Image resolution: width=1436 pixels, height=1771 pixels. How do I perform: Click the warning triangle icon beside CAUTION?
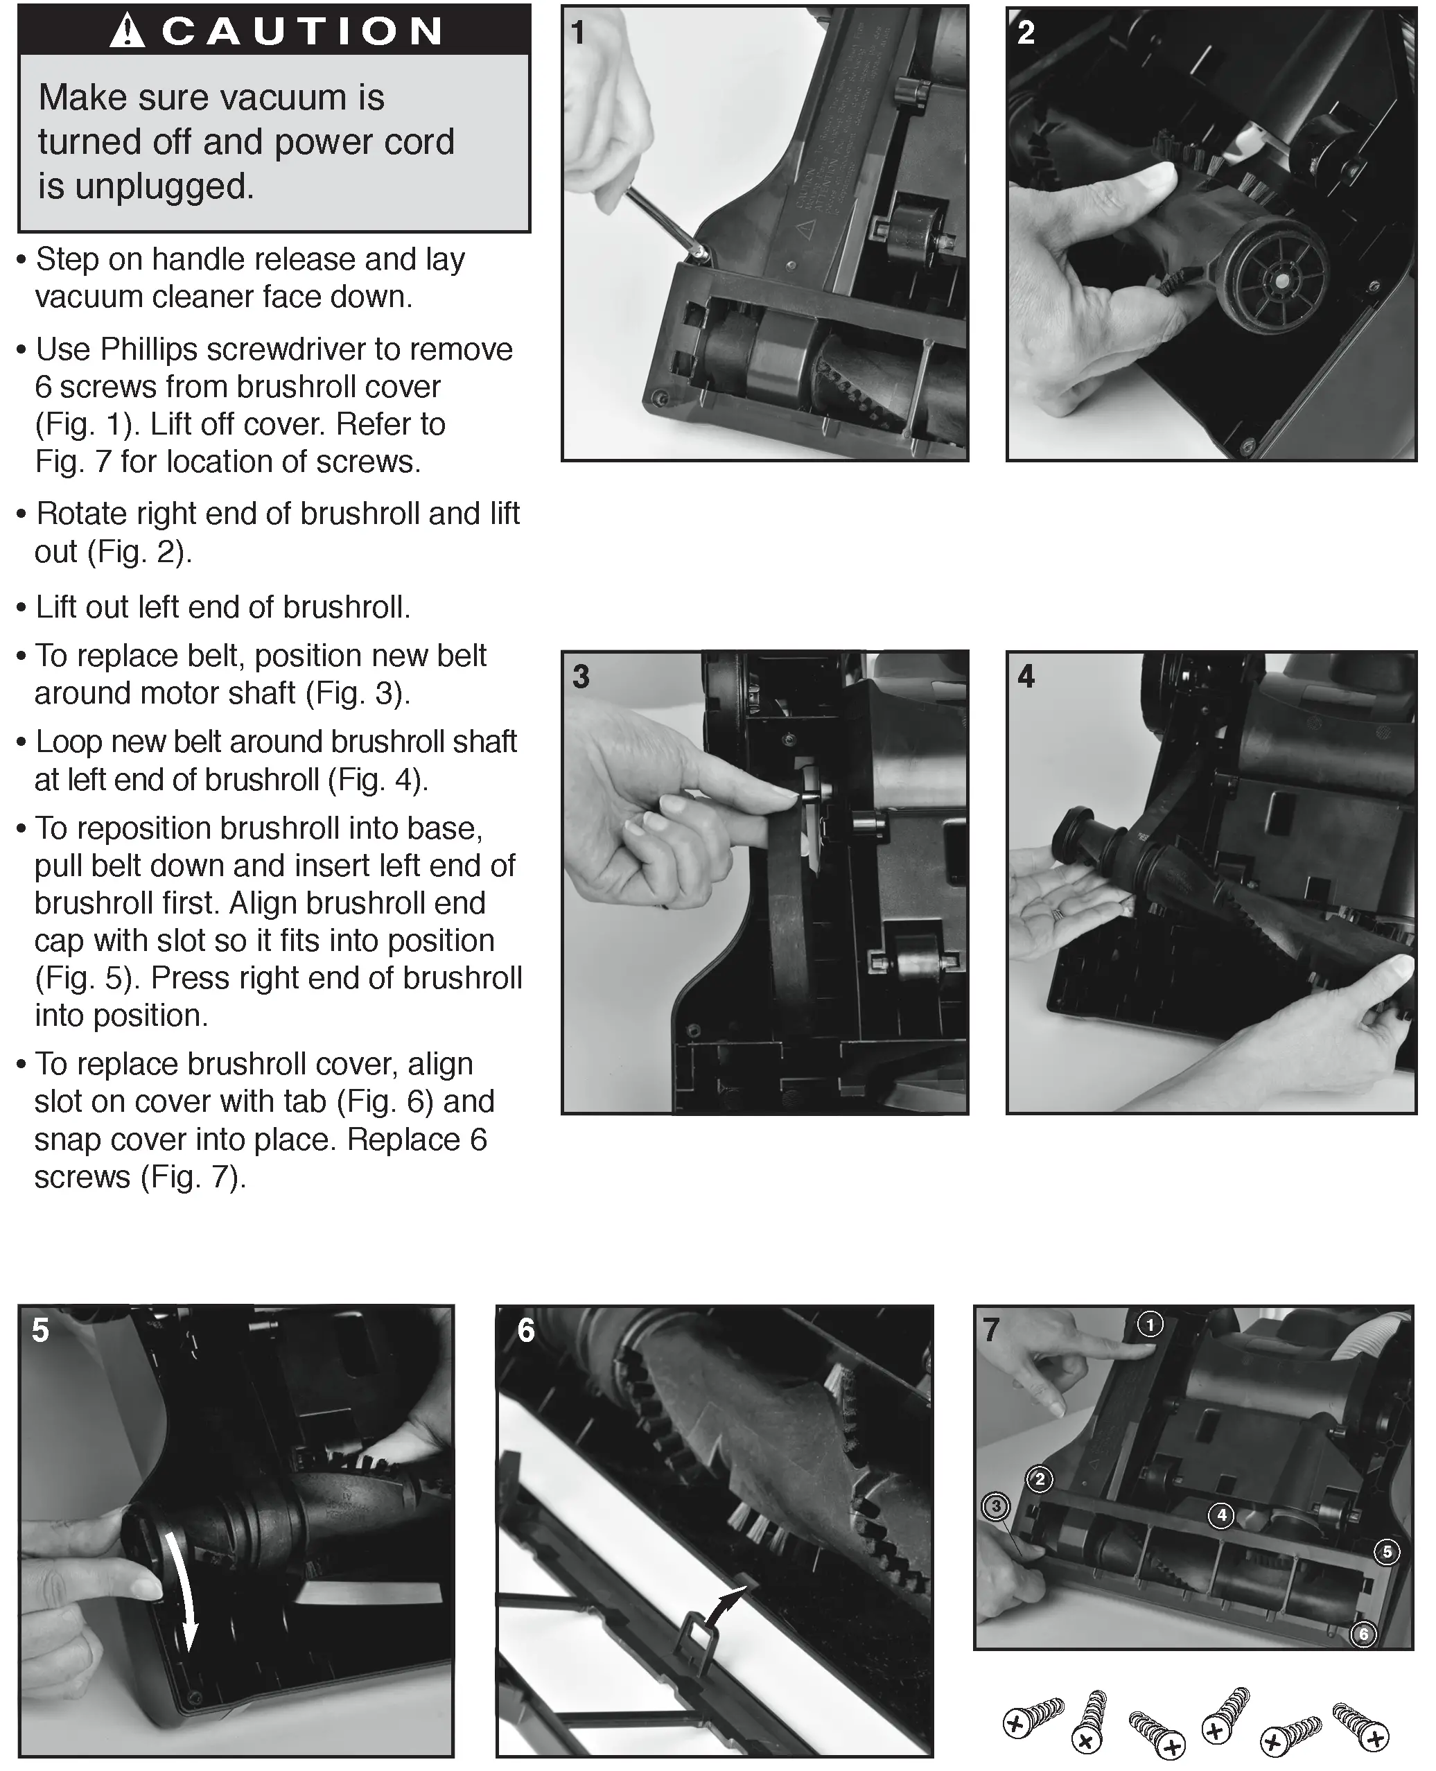(x=128, y=30)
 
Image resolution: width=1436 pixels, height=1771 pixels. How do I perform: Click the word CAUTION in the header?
(x=302, y=31)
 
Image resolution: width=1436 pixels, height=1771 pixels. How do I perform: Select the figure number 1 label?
(x=578, y=33)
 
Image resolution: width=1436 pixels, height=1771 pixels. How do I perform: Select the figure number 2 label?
(x=1026, y=33)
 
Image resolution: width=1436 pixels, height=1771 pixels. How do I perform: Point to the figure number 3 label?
(x=581, y=677)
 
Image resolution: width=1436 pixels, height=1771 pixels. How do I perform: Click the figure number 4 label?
(x=1026, y=677)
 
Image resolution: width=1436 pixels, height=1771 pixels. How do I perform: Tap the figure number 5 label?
(x=40, y=1330)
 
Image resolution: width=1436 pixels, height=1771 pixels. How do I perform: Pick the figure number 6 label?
(x=526, y=1330)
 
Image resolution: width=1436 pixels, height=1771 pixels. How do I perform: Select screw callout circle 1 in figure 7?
(x=1150, y=1325)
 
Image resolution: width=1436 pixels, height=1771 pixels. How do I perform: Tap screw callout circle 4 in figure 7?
(x=1222, y=1515)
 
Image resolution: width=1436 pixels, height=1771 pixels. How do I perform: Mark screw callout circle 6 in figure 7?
(x=1363, y=1634)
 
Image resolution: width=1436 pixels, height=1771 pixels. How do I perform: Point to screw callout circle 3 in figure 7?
(x=996, y=1506)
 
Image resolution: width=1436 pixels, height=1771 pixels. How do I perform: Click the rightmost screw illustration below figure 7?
(x=1360, y=1724)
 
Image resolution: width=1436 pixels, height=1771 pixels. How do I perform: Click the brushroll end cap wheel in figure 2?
(x=1277, y=278)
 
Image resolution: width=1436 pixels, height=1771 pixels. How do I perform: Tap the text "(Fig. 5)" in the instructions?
(x=82, y=978)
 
